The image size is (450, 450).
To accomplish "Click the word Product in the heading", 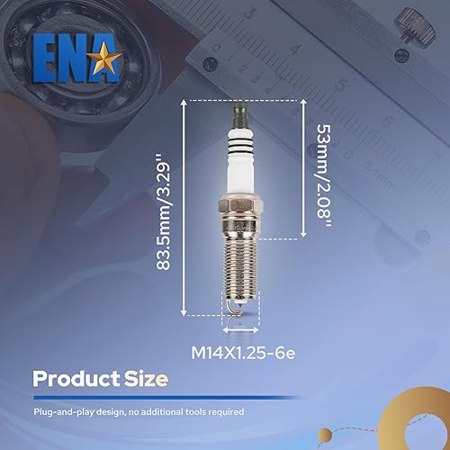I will [77, 379].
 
